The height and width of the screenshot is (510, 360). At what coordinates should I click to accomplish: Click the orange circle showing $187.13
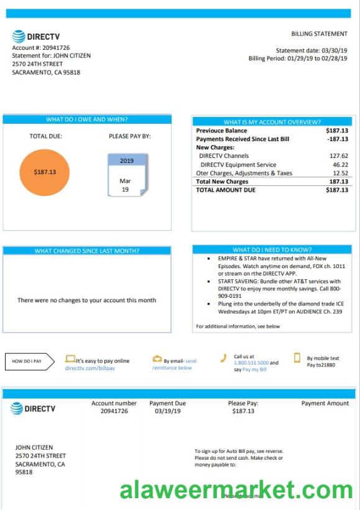click(x=45, y=172)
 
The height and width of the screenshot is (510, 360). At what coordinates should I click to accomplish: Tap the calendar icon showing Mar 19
click(x=126, y=176)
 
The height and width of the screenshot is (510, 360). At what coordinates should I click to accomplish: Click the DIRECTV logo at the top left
click(x=36, y=37)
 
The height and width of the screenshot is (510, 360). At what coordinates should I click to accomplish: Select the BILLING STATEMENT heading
click(x=319, y=34)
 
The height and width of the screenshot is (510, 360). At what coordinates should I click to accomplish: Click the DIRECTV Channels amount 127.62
click(x=338, y=156)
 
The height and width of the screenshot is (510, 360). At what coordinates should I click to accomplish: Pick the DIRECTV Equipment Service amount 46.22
click(x=339, y=165)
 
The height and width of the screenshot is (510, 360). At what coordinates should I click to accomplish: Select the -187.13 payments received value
click(x=338, y=139)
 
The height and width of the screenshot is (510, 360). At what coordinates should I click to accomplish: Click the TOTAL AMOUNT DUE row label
click(x=226, y=190)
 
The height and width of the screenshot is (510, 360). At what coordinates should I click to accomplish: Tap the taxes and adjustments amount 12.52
click(x=340, y=174)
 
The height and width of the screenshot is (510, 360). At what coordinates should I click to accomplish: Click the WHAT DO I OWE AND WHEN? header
click(x=87, y=119)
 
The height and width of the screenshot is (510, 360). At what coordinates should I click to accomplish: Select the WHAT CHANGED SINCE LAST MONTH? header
click(x=87, y=251)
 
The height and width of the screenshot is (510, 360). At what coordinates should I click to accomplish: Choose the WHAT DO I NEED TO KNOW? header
click(x=272, y=250)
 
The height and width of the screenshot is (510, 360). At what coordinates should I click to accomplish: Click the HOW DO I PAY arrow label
click(x=29, y=361)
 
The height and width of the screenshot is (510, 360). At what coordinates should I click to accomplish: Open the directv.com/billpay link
click(x=90, y=368)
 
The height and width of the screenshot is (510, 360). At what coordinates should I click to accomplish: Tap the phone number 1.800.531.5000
click(x=251, y=363)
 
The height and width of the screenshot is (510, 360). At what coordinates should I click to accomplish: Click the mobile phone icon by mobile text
click(x=297, y=358)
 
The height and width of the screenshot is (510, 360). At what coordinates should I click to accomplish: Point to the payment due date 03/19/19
click(x=167, y=411)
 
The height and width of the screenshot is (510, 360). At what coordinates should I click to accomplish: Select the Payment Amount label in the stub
click(x=325, y=404)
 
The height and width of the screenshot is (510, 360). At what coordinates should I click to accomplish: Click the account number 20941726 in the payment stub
click(x=114, y=411)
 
